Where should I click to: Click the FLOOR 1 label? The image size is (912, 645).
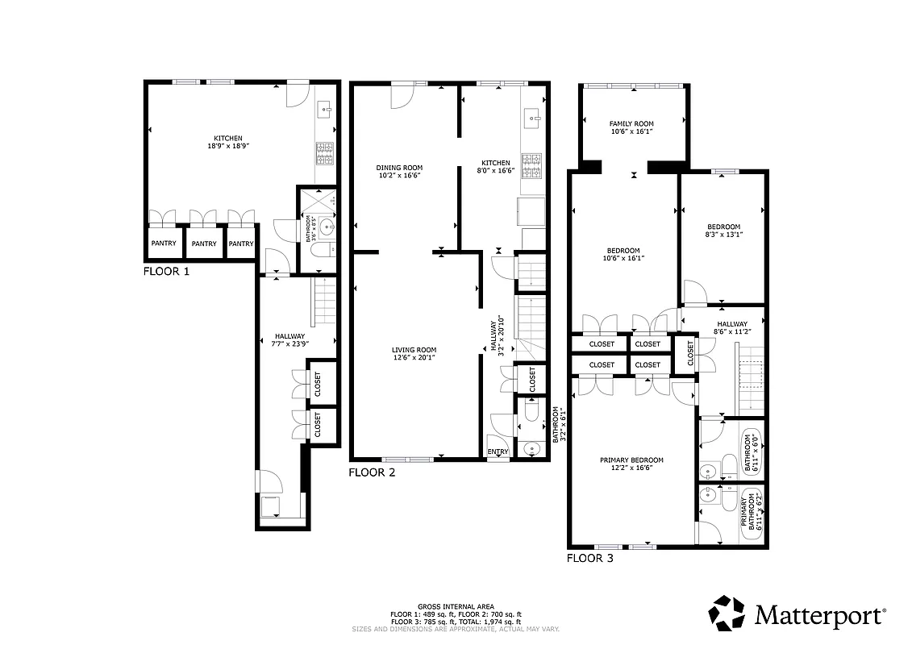coord(166,272)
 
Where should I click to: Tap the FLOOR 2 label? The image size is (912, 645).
coord(372,472)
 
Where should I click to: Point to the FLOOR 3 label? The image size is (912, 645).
coord(589,557)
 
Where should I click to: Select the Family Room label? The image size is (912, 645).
coord(631,127)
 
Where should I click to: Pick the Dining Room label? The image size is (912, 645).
coord(399,171)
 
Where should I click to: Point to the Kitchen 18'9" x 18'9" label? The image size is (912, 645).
coord(227,142)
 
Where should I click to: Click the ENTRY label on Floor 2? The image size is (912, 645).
coord(498,451)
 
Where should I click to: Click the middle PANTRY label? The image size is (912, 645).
coord(204,243)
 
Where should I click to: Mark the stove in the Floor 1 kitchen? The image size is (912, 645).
coord(324,153)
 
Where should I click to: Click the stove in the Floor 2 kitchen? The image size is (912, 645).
coord(532,166)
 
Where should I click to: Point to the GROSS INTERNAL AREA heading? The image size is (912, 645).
coord(456,606)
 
